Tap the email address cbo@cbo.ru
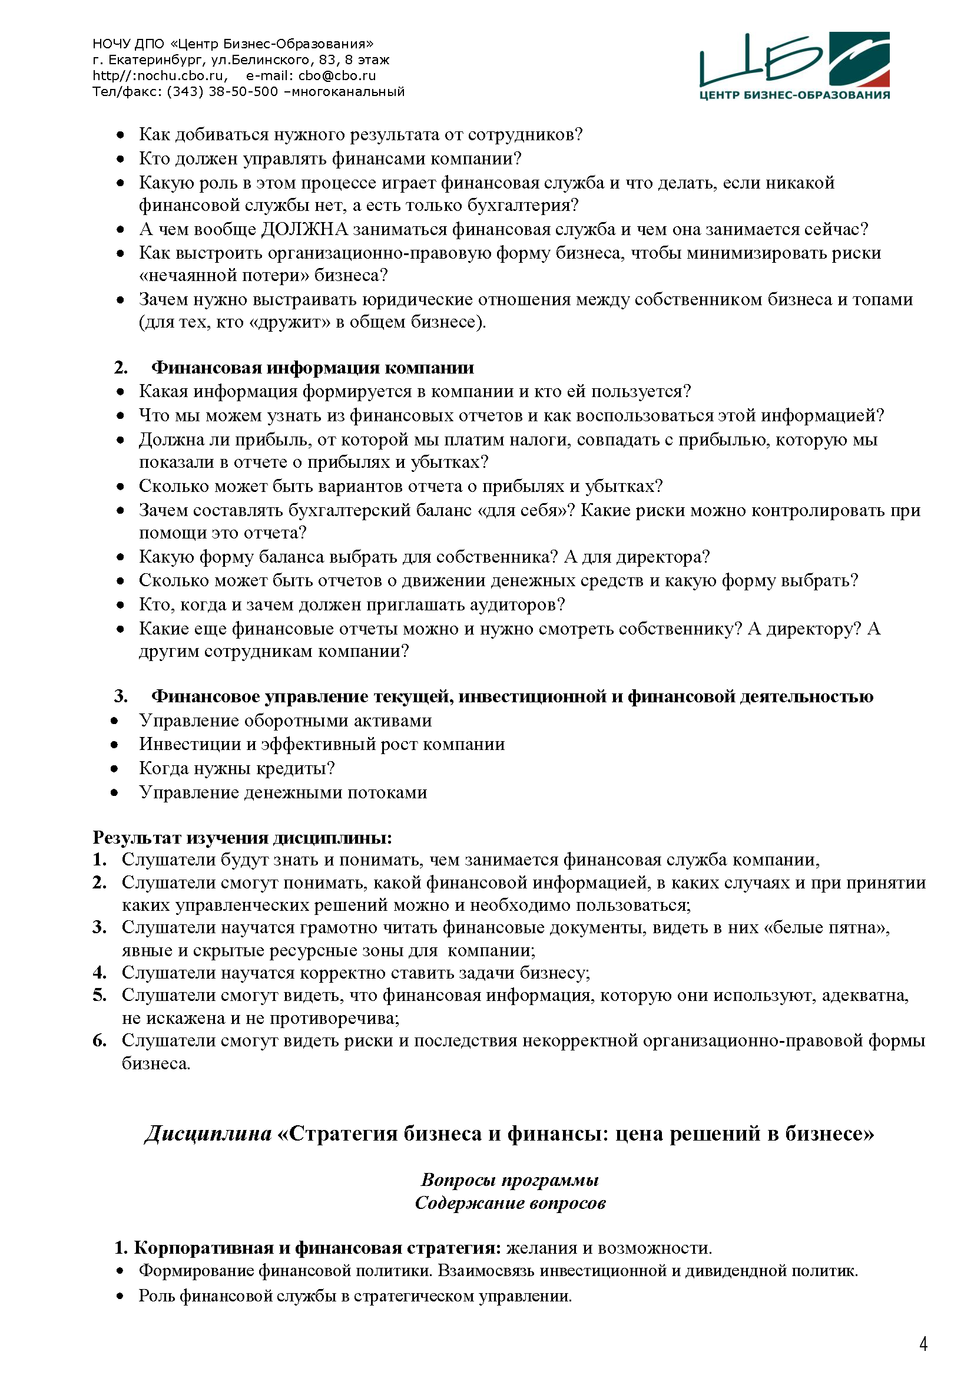coord(337,76)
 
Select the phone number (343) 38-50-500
coord(223,92)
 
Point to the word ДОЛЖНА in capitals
coord(304,229)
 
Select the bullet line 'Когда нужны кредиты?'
coord(237,768)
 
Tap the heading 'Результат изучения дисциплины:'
coord(242,837)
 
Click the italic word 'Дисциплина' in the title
coord(207,1133)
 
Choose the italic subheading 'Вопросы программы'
coord(510,1180)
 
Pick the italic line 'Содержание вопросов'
coord(510,1203)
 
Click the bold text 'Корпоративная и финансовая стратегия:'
coord(317,1248)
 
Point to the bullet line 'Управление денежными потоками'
coord(283,792)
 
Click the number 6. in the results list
coord(100,1040)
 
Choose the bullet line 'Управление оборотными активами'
coord(286,720)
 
